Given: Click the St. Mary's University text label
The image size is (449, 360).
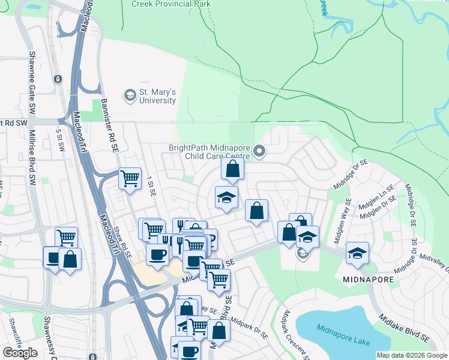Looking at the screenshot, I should tap(158, 97).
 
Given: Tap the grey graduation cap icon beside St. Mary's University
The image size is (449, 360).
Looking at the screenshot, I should tap(129, 95).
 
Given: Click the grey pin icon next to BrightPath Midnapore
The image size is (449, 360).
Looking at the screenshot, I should tap(259, 151).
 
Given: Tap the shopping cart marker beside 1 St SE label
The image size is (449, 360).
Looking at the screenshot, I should tap(130, 179).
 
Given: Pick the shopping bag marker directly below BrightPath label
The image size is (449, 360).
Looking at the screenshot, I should tap(233, 169).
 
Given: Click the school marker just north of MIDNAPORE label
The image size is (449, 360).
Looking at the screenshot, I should tap(357, 253).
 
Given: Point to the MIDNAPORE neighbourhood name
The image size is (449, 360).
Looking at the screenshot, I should tap(368, 280).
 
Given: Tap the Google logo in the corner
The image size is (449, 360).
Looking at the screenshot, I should tap(20, 353).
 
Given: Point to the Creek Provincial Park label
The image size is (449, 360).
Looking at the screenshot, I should tap(171, 4).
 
